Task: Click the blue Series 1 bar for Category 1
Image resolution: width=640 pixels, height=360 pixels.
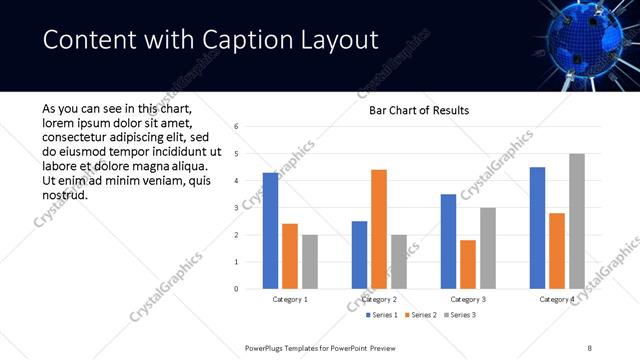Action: (x=271, y=231)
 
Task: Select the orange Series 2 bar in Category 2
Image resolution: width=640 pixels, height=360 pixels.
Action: (x=379, y=229)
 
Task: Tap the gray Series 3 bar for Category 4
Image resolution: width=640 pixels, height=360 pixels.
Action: (x=576, y=221)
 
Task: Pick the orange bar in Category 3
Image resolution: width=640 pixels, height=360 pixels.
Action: (x=468, y=264)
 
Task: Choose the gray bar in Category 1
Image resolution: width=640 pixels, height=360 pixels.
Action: (x=310, y=262)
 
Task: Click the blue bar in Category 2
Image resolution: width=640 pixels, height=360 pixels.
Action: (x=360, y=255)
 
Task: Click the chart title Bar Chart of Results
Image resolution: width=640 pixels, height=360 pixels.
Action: (x=412, y=110)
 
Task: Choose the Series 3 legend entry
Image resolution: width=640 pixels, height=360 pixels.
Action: (x=459, y=315)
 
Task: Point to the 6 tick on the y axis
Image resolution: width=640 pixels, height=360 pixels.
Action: (x=236, y=127)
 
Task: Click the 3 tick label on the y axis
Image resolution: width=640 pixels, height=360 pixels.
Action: (x=236, y=208)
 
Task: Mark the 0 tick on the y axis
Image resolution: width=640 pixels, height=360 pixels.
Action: (x=236, y=289)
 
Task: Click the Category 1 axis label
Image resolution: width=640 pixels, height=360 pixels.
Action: (x=291, y=299)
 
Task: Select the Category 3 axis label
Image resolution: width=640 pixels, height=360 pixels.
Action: (x=468, y=299)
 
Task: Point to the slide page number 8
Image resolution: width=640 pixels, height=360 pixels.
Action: (x=589, y=347)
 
